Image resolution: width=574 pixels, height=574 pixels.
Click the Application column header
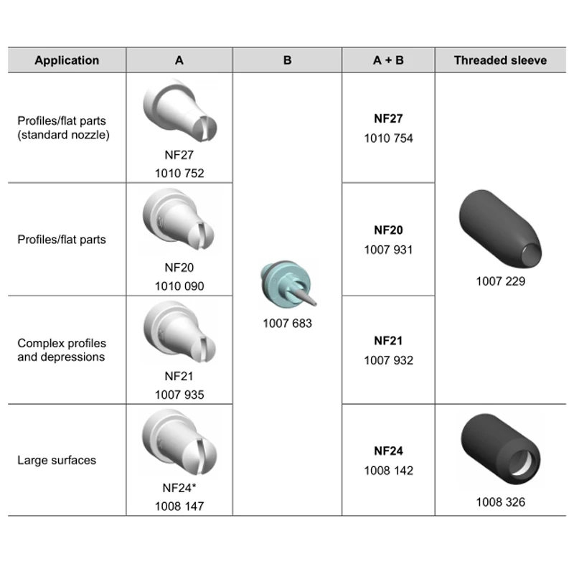pos(67,60)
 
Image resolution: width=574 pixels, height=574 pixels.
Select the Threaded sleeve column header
pos(500,60)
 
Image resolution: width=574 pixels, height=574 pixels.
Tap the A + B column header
pos(388,60)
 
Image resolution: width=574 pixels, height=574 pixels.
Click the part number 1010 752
pos(179,173)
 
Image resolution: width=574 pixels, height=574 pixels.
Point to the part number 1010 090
pos(179,286)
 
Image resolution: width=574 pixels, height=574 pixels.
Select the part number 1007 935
pos(179,395)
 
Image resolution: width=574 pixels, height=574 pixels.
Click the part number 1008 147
pos(179,507)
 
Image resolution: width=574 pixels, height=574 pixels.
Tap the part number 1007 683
pos(288,324)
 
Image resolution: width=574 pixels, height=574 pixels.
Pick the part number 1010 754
pos(388,138)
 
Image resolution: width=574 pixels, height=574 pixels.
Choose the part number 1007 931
pos(388,250)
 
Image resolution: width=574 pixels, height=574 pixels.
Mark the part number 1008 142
pos(388,471)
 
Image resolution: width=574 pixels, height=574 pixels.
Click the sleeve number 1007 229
pos(500,281)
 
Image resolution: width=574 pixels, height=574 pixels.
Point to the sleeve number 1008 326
pos(500,502)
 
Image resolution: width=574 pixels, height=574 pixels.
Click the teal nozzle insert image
pos(288,283)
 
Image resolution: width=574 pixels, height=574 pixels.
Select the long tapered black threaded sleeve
pos(500,229)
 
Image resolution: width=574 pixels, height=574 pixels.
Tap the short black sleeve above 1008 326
pos(501,449)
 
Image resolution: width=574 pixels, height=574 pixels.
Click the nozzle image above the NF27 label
pos(180,110)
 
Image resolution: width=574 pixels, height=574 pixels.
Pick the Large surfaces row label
pos(57,460)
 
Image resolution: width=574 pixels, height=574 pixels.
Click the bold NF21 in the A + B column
pos(388,341)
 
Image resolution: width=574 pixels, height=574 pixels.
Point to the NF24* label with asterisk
pos(179,488)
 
